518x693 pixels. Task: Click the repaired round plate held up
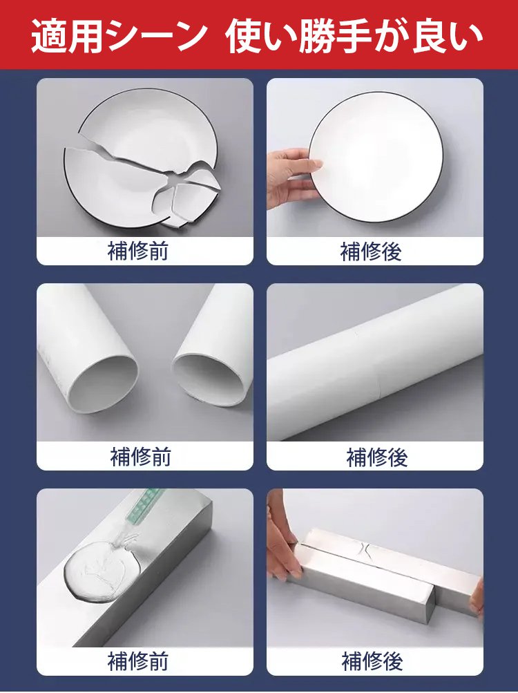click(x=376, y=157)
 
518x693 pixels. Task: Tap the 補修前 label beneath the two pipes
click(x=141, y=457)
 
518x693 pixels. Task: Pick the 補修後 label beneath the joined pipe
click(x=377, y=457)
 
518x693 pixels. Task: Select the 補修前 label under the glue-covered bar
click(x=138, y=661)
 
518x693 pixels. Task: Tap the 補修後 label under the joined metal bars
click(x=372, y=661)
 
